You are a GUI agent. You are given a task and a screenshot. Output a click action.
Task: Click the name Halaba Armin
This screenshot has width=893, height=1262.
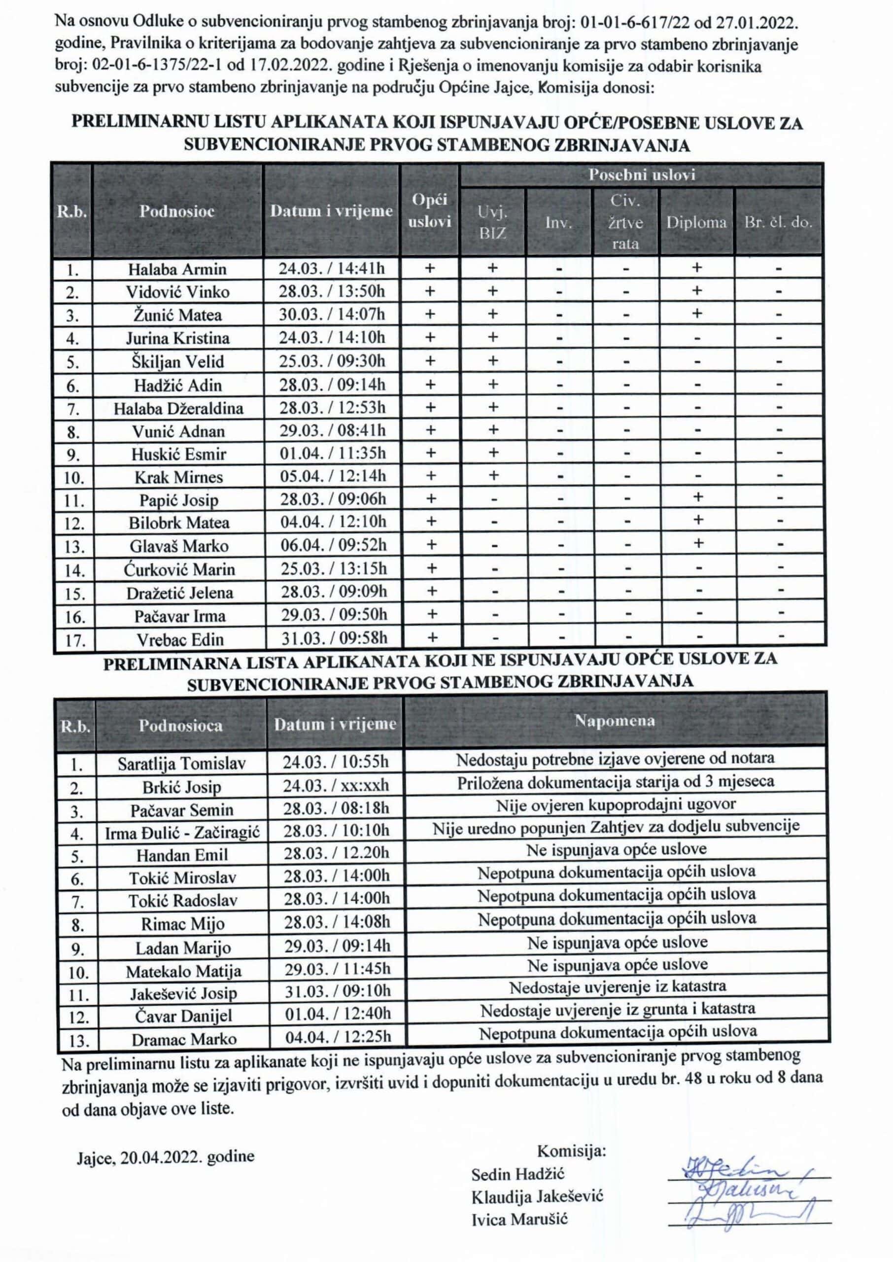[x=177, y=269]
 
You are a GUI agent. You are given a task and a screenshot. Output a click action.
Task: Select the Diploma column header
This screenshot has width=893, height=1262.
[x=696, y=222]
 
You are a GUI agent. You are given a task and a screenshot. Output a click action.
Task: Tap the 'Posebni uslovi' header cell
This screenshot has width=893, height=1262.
[x=641, y=175]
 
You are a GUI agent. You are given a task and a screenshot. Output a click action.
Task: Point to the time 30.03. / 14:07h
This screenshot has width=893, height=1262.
[x=332, y=315]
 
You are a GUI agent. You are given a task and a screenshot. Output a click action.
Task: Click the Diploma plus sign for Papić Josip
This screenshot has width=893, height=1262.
[x=697, y=497]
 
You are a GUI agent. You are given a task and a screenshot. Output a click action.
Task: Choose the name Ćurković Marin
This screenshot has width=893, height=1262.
[x=179, y=569]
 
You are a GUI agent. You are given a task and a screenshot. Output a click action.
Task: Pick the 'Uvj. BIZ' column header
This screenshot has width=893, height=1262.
[x=492, y=222]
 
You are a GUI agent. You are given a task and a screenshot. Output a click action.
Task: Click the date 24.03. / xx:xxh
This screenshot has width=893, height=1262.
[x=336, y=785]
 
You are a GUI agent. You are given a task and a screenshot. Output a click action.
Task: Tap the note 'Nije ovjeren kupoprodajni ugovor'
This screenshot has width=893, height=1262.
[x=616, y=805]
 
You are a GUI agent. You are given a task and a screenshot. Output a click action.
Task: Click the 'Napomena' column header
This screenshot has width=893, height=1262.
[x=614, y=721]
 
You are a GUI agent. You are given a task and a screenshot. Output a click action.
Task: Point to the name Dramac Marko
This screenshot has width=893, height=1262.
[x=184, y=1039]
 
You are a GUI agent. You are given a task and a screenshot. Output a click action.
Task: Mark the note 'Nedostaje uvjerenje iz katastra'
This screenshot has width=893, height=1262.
[x=617, y=987]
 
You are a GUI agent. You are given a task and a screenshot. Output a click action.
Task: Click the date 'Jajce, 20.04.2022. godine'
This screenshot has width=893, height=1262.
[x=166, y=1156]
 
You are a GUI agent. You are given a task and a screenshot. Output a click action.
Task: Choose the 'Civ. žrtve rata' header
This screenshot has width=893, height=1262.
[x=626, y=222]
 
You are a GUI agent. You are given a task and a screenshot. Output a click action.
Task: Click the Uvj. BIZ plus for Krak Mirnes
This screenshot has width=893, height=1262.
[x=493, y=476]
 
